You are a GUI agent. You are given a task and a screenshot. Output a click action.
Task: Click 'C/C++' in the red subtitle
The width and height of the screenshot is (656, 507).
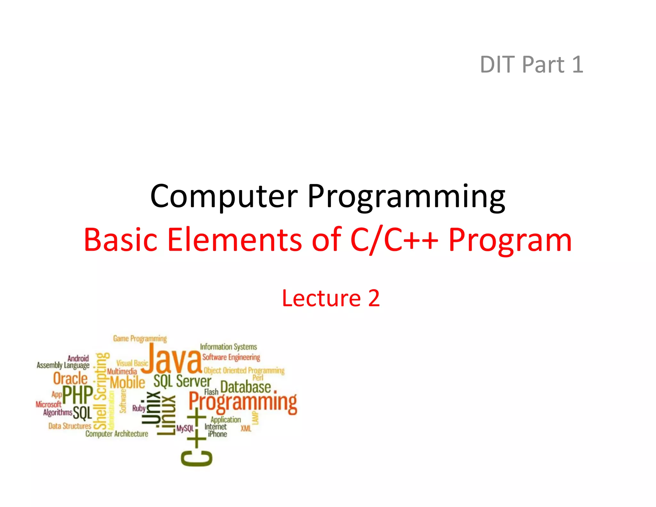[394, 240]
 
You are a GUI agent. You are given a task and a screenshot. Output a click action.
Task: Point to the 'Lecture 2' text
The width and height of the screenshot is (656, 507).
[331, 298]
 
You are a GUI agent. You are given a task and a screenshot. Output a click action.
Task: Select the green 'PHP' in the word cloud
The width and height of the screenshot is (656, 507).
[78, 395]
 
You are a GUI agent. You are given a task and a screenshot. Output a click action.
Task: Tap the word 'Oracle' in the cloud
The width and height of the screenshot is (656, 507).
[70, 378]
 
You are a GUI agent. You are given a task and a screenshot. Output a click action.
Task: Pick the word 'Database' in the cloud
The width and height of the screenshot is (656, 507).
[245, 387]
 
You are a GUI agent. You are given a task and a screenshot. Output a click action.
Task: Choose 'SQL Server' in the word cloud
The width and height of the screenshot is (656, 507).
[182, 381]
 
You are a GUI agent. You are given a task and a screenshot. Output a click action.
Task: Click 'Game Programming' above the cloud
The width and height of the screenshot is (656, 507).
[140, 339]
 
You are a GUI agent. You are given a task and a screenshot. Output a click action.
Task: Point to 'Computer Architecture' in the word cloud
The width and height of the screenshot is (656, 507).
[117, 434]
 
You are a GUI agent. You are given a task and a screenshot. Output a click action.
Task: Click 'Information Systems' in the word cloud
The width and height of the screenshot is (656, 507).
[228, 347]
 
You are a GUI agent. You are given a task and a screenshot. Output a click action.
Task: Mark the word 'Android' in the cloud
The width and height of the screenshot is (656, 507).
[78, 358]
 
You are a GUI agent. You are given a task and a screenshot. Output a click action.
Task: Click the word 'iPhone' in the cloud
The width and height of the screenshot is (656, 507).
[217, 434]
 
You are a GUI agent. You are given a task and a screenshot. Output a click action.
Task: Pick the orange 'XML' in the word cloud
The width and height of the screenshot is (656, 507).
[246, 428]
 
